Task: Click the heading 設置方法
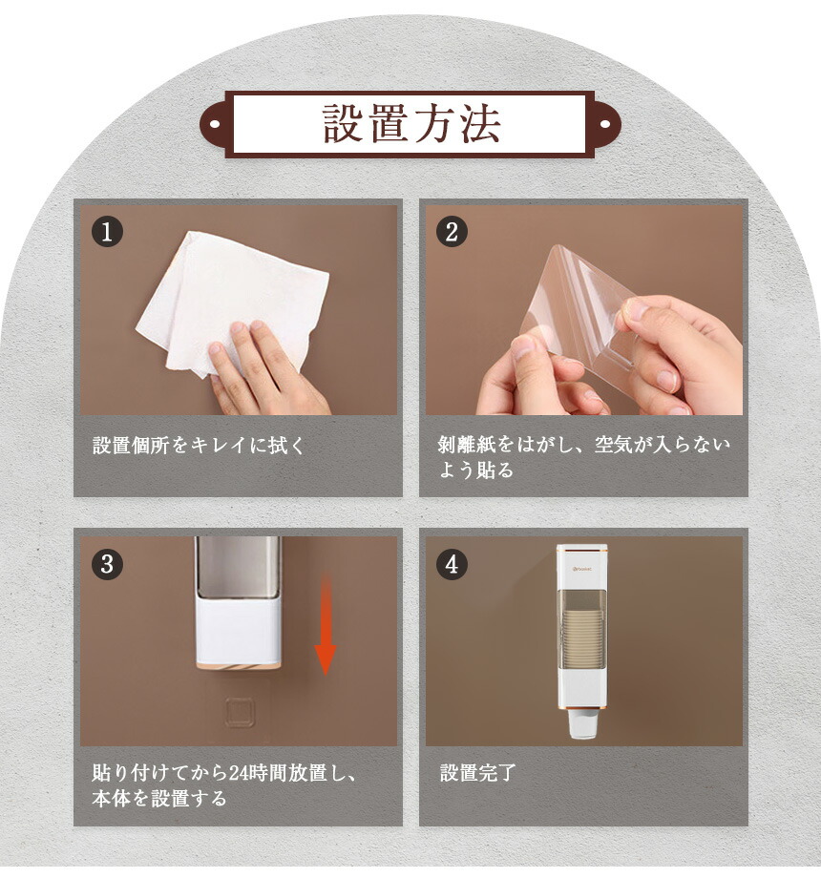[411, 124]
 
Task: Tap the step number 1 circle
[107, 232]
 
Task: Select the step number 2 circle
[452, 232]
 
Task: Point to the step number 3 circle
[107, 564]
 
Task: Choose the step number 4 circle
[452, 564]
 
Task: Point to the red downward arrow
[325, 627]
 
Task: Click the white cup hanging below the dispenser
[581, 725]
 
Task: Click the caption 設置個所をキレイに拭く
[199, 446]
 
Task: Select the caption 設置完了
[477, 773]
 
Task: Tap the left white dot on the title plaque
[215, 124]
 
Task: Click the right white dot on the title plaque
[605, 124]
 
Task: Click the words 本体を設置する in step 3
[159, 799]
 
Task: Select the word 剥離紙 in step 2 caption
[467, 445]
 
